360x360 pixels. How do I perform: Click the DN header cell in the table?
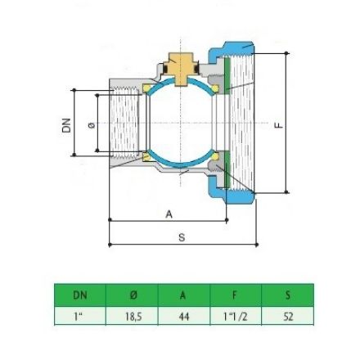coord(79,295)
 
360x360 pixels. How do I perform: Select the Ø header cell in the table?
coord(133,295)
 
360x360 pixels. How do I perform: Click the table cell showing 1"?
coord(79,315)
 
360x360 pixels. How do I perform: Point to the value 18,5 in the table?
coord(133,315)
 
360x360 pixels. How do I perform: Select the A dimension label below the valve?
coord(169,214)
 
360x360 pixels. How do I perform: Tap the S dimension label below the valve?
coord(182,236)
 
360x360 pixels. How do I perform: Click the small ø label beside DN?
coord(90,124)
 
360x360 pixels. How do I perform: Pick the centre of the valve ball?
coord(180,123)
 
